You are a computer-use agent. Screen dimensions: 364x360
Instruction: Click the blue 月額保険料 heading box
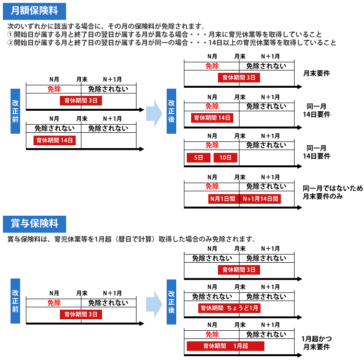(34, 11)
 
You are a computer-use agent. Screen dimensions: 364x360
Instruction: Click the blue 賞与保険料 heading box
(34, 224)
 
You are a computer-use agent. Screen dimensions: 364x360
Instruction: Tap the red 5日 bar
(198, 158)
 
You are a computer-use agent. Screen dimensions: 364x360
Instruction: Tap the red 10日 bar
(226, 158)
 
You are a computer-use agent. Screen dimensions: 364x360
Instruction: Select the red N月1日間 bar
(224, 199)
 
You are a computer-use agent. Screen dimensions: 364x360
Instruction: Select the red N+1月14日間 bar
(260, 199)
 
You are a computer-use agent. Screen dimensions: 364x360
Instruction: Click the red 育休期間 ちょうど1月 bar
(229, 308)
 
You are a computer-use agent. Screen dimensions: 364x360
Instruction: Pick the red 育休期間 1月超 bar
(226, 346)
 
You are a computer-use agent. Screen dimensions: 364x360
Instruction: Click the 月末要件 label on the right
(317, 73)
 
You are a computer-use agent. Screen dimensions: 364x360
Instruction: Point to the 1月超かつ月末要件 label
(317, 343)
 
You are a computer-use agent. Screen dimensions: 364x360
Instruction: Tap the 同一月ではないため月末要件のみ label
(333, 192)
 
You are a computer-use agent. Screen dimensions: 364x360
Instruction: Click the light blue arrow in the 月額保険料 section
(154, 114)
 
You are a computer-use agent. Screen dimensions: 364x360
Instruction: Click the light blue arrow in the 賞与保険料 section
(154, 304)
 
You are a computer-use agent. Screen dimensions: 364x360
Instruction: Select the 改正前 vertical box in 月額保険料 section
(15, 111)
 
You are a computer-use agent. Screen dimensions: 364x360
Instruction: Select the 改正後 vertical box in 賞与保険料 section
(171, 302)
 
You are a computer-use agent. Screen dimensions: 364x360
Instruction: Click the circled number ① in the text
(11, 35)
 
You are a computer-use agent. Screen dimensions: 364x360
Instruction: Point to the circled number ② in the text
(11, 43)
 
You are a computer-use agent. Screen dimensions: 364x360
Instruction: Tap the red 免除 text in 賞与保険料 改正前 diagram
(54, 303)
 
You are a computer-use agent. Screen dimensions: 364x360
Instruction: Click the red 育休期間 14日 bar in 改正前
(55, 140)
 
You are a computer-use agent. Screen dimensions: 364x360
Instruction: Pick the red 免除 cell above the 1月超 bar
(212, 334)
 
